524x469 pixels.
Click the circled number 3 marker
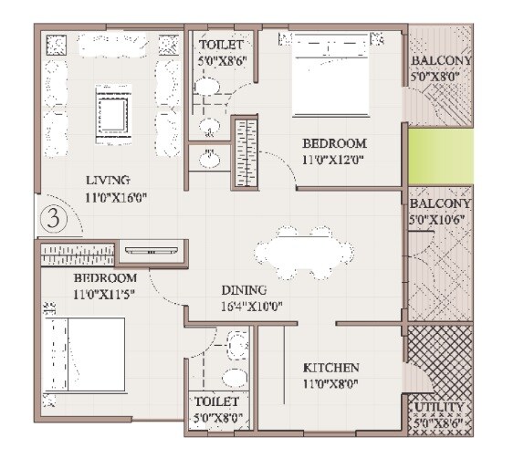54,220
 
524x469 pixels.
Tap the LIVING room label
109,180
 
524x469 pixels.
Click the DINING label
243,290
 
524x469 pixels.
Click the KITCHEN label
337,368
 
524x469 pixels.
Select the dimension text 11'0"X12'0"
334,160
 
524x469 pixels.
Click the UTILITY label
439,408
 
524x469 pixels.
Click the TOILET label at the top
223,44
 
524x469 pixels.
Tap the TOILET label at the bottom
217,401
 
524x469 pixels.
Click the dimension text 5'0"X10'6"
439,220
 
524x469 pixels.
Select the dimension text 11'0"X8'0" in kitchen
337,383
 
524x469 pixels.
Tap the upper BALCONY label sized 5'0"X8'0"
441,61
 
